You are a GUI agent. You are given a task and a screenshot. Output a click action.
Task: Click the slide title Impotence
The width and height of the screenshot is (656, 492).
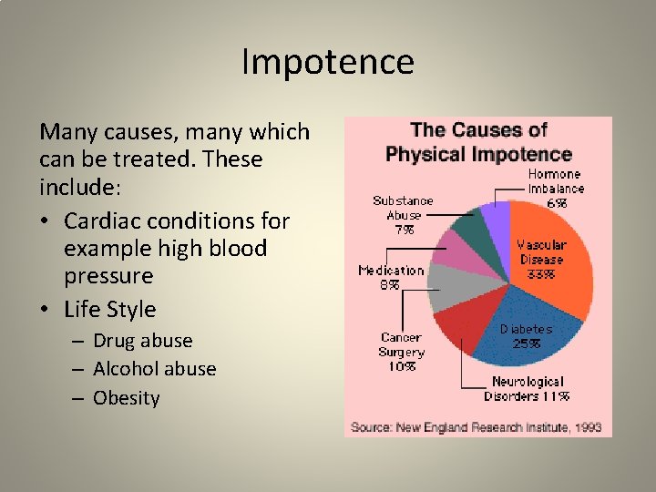(328, 62)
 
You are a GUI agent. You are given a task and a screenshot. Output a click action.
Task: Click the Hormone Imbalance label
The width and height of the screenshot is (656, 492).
(556, 180)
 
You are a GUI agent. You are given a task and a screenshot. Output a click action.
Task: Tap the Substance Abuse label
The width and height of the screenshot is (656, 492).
(403, 208)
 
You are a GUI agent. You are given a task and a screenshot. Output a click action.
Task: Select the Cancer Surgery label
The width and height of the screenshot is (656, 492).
(402, 344)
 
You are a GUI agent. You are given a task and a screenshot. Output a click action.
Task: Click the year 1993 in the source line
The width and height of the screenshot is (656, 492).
(588, 426)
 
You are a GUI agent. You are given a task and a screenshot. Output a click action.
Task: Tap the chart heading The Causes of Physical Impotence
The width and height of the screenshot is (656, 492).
(478, 142)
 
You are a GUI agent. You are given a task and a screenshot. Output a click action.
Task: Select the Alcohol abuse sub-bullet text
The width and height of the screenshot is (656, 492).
(154, 369)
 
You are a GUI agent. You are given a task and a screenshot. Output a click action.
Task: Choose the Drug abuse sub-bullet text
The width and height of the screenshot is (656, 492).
(142, 341)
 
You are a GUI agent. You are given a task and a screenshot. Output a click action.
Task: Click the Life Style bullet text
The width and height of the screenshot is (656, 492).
(110, 310)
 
